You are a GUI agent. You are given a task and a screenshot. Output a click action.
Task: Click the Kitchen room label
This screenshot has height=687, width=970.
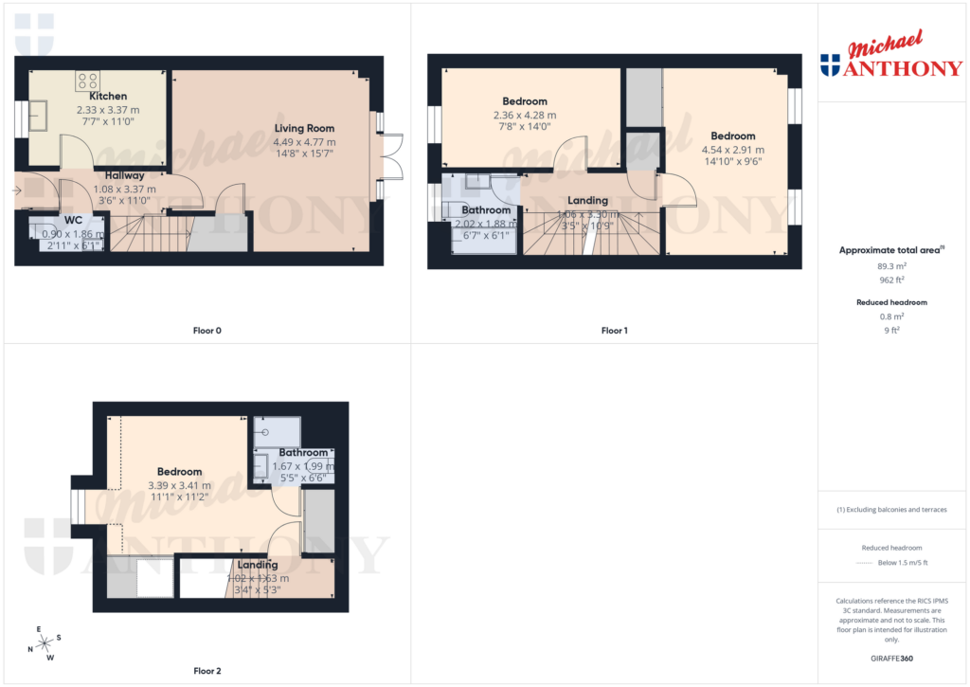tap(107, 96)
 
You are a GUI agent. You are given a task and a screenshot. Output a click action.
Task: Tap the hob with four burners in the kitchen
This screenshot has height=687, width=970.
tap(88, 81)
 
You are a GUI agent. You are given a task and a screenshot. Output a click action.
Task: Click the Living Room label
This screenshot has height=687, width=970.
tap(304, 128)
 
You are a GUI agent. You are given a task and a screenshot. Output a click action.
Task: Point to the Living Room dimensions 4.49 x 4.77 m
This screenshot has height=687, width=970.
tap(304, 142)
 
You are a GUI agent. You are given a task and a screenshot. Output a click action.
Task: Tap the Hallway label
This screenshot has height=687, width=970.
tap(125, 175)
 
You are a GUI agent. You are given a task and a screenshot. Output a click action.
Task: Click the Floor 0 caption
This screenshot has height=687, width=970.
tap(206, 331)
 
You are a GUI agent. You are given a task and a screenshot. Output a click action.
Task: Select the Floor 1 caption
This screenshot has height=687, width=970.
tap(614, 331)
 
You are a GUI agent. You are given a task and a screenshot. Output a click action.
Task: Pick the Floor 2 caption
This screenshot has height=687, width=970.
tap(207, 671)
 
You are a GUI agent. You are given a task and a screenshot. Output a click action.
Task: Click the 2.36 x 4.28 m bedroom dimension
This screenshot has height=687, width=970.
tap(524, 116)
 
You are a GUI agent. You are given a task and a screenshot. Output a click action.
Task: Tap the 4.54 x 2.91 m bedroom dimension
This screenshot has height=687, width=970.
tap(732, 150)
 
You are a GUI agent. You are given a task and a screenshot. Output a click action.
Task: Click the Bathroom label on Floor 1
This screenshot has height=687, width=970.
tap(486, 209)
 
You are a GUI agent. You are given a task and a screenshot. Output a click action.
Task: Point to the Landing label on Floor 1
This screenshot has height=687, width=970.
tap(587, 200)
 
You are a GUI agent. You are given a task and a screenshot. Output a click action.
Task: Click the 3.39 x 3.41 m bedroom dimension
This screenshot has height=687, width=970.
tap(179, 485)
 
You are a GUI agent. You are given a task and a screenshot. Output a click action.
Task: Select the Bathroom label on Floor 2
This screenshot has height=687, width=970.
tap(303, 453)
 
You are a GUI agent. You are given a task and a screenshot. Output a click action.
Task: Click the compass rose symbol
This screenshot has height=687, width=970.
tap(44, 643)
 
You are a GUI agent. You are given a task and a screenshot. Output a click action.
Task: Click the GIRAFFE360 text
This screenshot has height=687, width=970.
tap(893, 658)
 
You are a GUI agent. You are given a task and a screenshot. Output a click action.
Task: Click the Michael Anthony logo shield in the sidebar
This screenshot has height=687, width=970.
tap(830, 64)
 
